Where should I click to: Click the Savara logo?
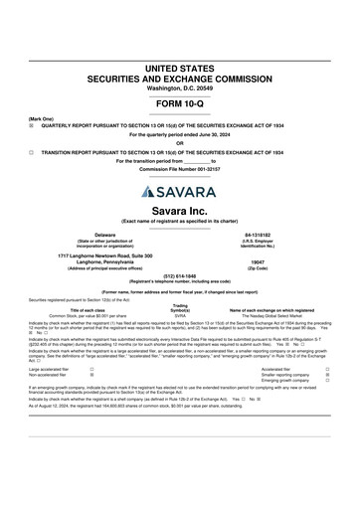point(180,191)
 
